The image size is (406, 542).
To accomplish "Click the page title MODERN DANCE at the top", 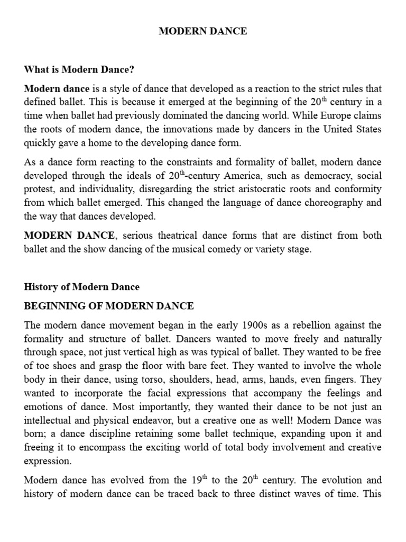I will tap(203, 31).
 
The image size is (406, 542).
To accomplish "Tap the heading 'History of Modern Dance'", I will tap(82, 287).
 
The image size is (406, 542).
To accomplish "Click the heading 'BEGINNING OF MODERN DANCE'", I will tap(109, 306).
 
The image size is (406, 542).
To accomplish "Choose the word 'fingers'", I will tap(327, 380).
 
